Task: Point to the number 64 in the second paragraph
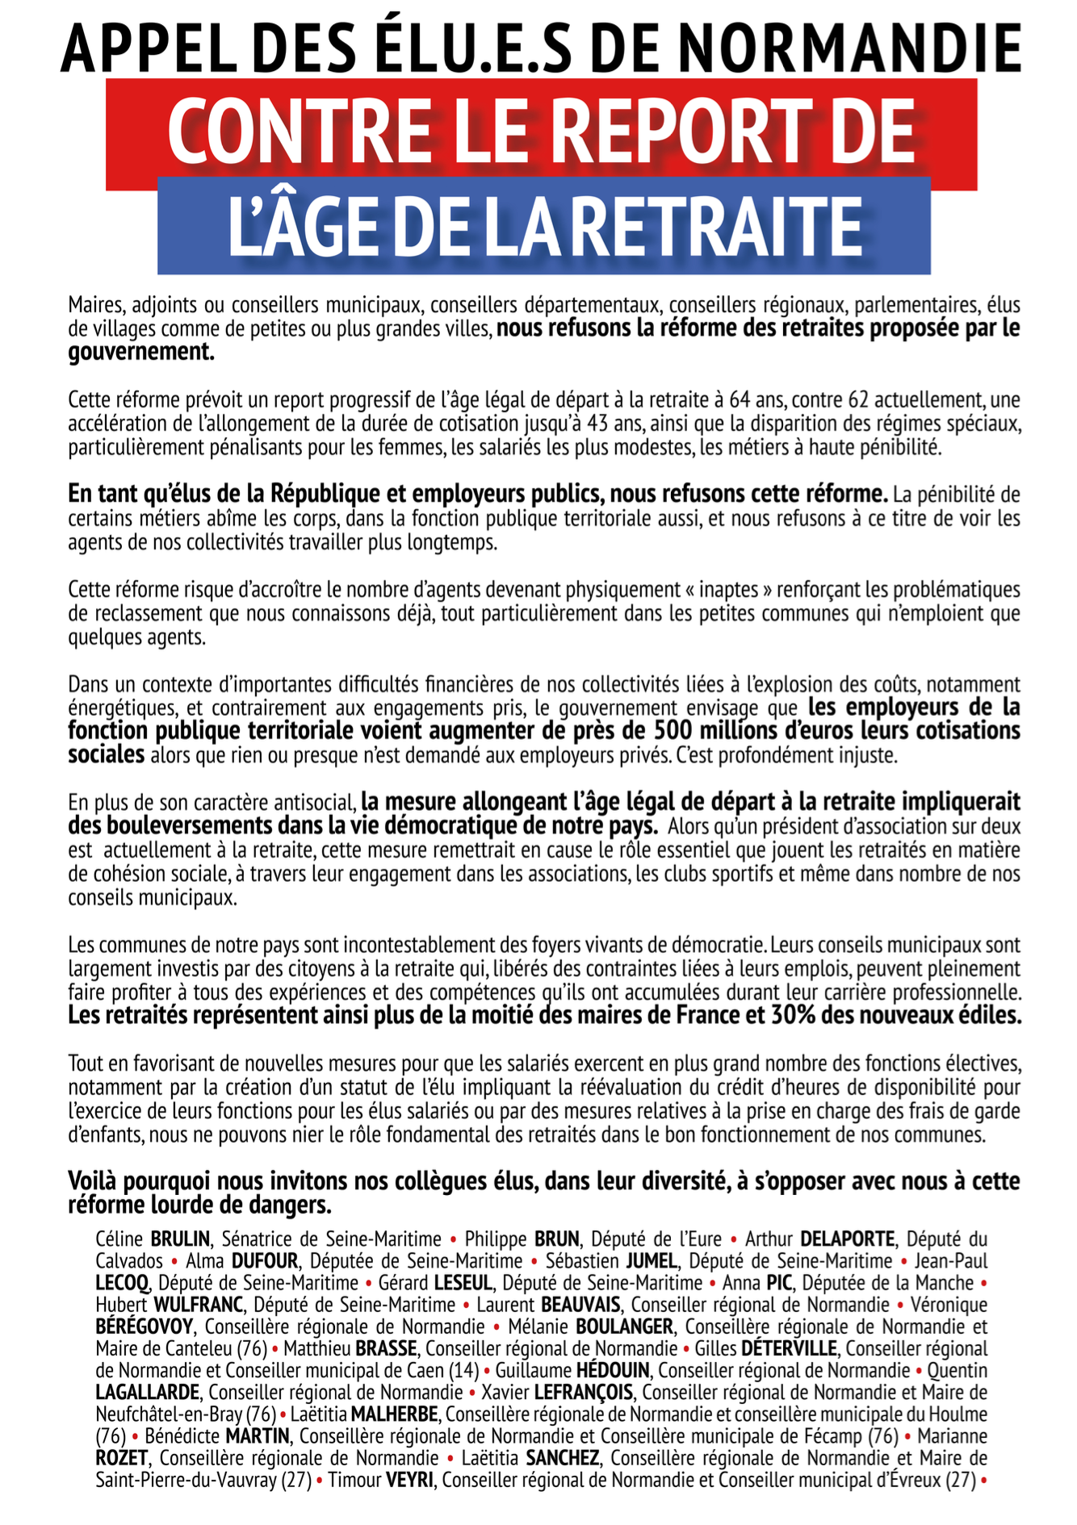(740, 400)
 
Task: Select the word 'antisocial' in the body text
(313, 803)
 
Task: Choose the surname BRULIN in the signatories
(180, 1239)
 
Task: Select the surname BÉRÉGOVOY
(145, 1327)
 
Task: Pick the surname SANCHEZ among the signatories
(562, 1458)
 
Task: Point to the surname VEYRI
(410, 1481)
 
